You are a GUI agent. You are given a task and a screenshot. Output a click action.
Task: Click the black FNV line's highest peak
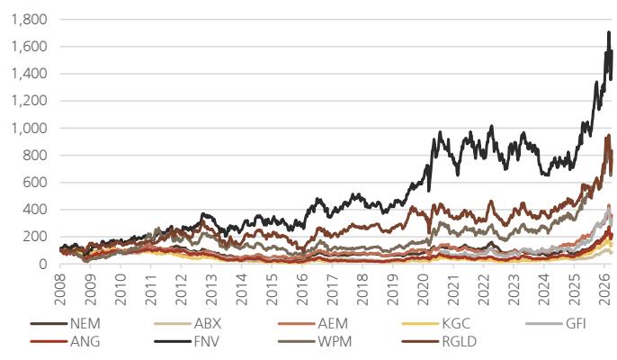pos(609,32)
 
